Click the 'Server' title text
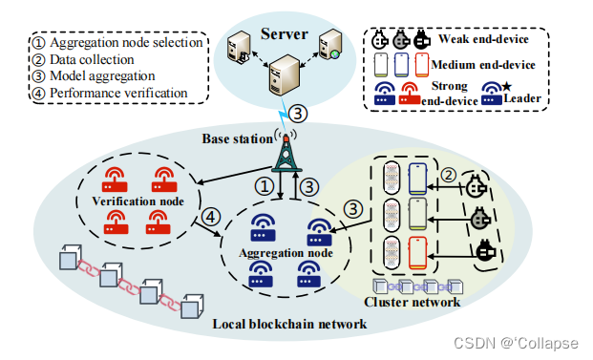pos(285,34)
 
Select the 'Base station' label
pos(237,138)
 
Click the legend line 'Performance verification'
pos(110,94)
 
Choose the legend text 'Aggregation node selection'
pos(116,43)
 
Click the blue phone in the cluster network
pos(418,180)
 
